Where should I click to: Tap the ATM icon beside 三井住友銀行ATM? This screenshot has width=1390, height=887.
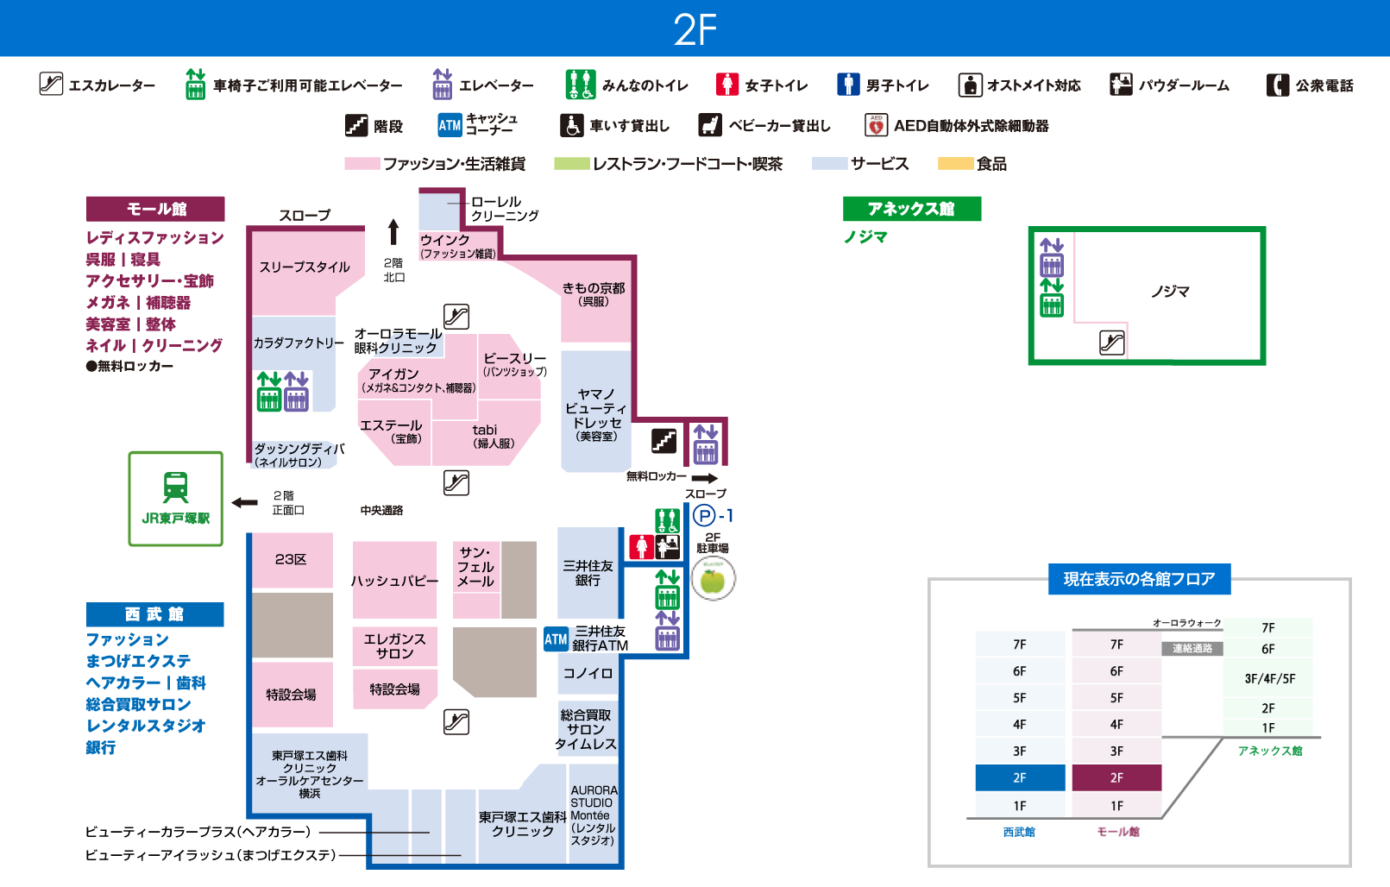[x=556, y=639]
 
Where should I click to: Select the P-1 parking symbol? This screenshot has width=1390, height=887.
[x=705, y=516]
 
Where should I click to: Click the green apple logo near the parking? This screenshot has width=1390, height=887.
[x=713, y=579]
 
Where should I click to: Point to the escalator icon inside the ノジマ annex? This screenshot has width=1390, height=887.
[x=1111, y=343]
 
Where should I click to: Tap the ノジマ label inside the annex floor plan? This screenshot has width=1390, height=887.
[x=1170, y=292]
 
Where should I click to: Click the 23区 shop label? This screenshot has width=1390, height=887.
[x=291, y=559]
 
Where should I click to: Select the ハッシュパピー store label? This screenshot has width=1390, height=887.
[x=394, y=581]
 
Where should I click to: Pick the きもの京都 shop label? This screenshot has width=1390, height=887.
[x=594, y=288]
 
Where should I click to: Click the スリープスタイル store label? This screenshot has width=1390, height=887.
[x=305, y=267]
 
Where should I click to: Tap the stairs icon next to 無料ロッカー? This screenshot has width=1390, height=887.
[x=664, y=441]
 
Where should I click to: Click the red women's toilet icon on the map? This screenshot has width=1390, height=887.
[x=641, y=546]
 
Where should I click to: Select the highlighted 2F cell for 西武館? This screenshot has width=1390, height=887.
[x=1020, y=777]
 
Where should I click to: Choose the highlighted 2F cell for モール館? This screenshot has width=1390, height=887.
[x=1116, y=777]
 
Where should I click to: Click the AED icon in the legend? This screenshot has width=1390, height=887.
[x=876, y=126]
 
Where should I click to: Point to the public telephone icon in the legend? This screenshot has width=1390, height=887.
[x=1277, y=85]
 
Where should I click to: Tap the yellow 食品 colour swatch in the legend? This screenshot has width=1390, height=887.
[x=955, y=163]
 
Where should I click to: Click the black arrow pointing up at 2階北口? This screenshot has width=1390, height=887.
[x=393, y=231]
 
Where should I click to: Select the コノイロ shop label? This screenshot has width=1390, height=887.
[x=588, y=673]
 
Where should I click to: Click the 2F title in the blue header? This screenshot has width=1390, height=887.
[x=695, y=29]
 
